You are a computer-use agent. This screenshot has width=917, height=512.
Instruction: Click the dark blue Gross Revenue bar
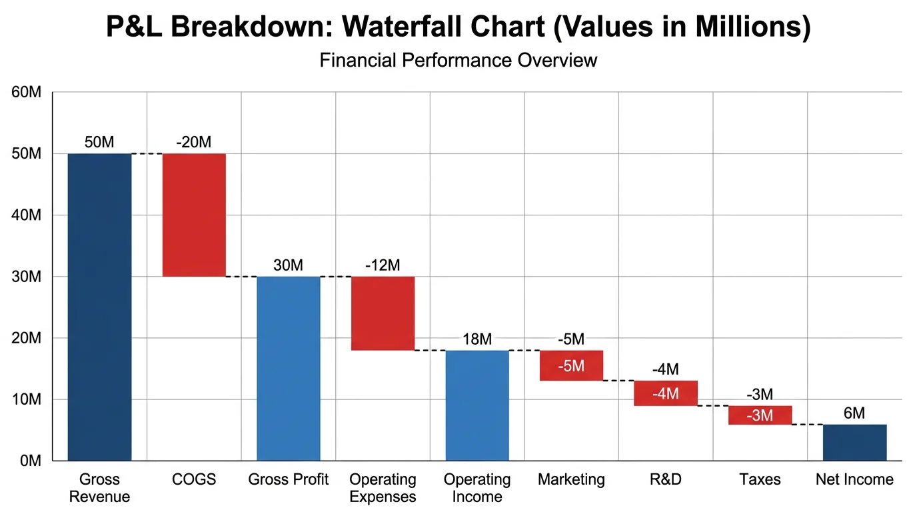pyautogui.click(x=99, y=307)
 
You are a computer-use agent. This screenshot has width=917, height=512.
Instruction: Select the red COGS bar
pyautogui.click(x=194, y=215)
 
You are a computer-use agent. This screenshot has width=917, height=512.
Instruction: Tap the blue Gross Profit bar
pyautogui.click(x=289, y=368)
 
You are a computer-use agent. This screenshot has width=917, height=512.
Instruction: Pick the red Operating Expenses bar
pyautogui.click(x=383, y=313)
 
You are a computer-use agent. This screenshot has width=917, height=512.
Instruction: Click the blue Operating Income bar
pyautogui.click(x=477, y=405)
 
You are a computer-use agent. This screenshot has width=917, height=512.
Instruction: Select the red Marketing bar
pyautogui.click(x=571, y=365)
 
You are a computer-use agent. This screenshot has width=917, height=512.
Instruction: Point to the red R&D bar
pyautogui.click(x=666, y=393)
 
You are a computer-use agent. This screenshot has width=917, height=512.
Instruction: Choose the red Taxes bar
pyautogui.click(x=760, y=415)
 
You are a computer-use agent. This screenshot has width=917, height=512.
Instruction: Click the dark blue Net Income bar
pyautogui.click(x=854, y=443)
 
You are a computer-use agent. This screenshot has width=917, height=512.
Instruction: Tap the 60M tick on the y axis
pyautogui.click(x=27, y=92)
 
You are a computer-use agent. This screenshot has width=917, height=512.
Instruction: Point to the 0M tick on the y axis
pyautogui.click(x=30, y=461)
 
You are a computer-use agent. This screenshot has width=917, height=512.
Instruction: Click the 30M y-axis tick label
pyautogui.click(x=27, y=277)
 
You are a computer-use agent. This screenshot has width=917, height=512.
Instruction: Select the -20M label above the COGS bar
pyautogui.click(x=194, y=142)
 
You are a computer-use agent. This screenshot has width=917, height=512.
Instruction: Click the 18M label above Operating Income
pyautogui.click(x=477, y=339)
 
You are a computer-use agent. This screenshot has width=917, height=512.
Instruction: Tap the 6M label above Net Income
pyautogui.click(x=854, y=413)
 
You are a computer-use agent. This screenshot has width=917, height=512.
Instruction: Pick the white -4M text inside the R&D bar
pyautogui.click(x=666, y=394)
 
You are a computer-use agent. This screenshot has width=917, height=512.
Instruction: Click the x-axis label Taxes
pyautogui.click(x=760, y=479)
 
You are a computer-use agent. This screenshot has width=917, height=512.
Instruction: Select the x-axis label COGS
pyautogui.click(x=194, y=479)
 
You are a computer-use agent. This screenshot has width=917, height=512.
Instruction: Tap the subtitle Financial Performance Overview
pyautogui.click(x=458, y=60)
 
